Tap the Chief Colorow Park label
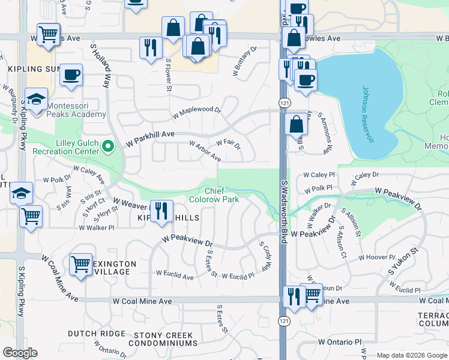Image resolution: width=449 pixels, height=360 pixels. pos(214,195)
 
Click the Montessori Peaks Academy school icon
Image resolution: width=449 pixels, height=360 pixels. pos(36,98)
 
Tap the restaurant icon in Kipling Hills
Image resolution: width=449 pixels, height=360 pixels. pos(160,211)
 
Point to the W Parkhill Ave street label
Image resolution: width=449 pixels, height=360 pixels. pos(149,139)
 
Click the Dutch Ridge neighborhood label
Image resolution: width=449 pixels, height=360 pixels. pos(96,334)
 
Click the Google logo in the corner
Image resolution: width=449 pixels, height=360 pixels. pos(20,353)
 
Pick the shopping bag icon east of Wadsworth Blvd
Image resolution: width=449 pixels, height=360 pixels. pos(296,125)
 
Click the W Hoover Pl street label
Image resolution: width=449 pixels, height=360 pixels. pos(376,257)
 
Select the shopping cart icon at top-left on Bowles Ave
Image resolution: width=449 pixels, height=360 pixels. pos(48,34)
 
